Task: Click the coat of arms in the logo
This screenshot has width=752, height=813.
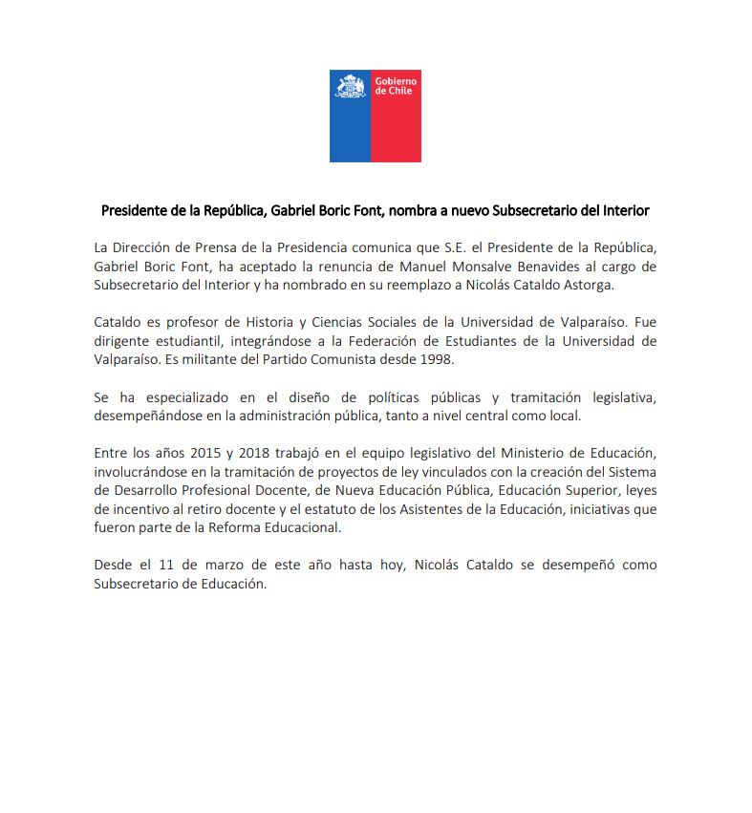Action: (350, 86)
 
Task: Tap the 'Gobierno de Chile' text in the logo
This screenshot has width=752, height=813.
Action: (396, 86)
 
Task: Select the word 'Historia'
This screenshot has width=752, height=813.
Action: (254, 322)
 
